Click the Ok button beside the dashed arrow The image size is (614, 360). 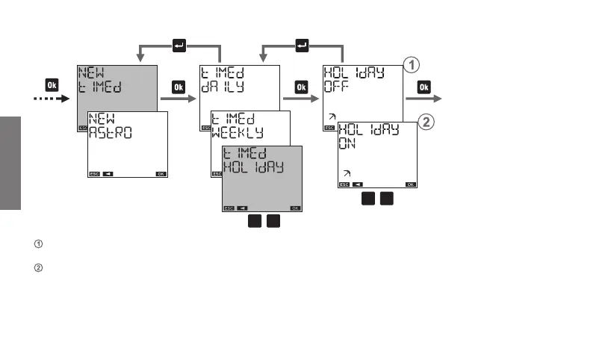(51, 84)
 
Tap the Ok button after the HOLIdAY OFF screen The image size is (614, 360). (424, 87)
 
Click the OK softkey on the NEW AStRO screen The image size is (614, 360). (161, 173)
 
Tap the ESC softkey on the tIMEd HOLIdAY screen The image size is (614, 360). (229, 208)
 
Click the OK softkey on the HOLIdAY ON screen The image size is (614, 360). (410, 184)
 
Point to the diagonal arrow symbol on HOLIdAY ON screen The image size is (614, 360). (347, 173)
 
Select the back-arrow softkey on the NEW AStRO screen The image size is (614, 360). (108, 173)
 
